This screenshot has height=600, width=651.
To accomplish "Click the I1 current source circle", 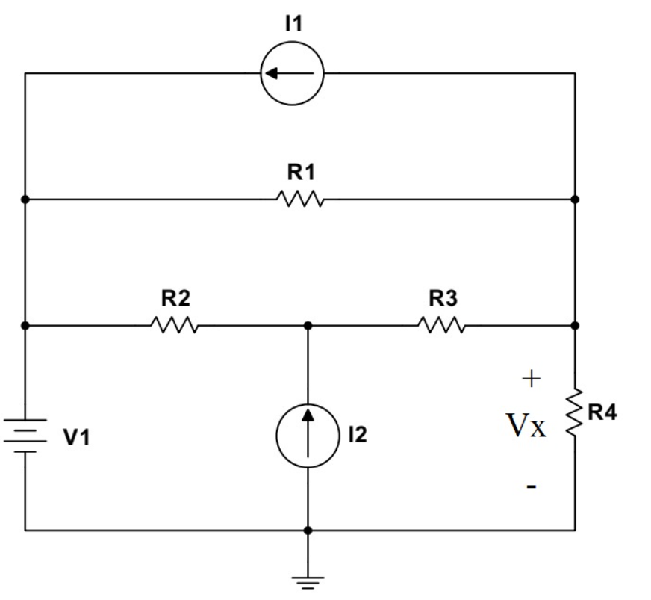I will point(291,73).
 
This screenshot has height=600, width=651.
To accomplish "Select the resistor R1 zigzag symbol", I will point(299,200).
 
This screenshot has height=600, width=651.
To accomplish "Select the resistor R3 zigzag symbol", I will point(441,326).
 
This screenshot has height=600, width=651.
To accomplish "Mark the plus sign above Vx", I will point(529,380).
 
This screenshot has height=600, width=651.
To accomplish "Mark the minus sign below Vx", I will point(529,486).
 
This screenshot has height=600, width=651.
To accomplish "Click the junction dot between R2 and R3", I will point(308,326).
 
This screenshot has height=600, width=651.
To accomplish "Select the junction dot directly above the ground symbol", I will point(308,531).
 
